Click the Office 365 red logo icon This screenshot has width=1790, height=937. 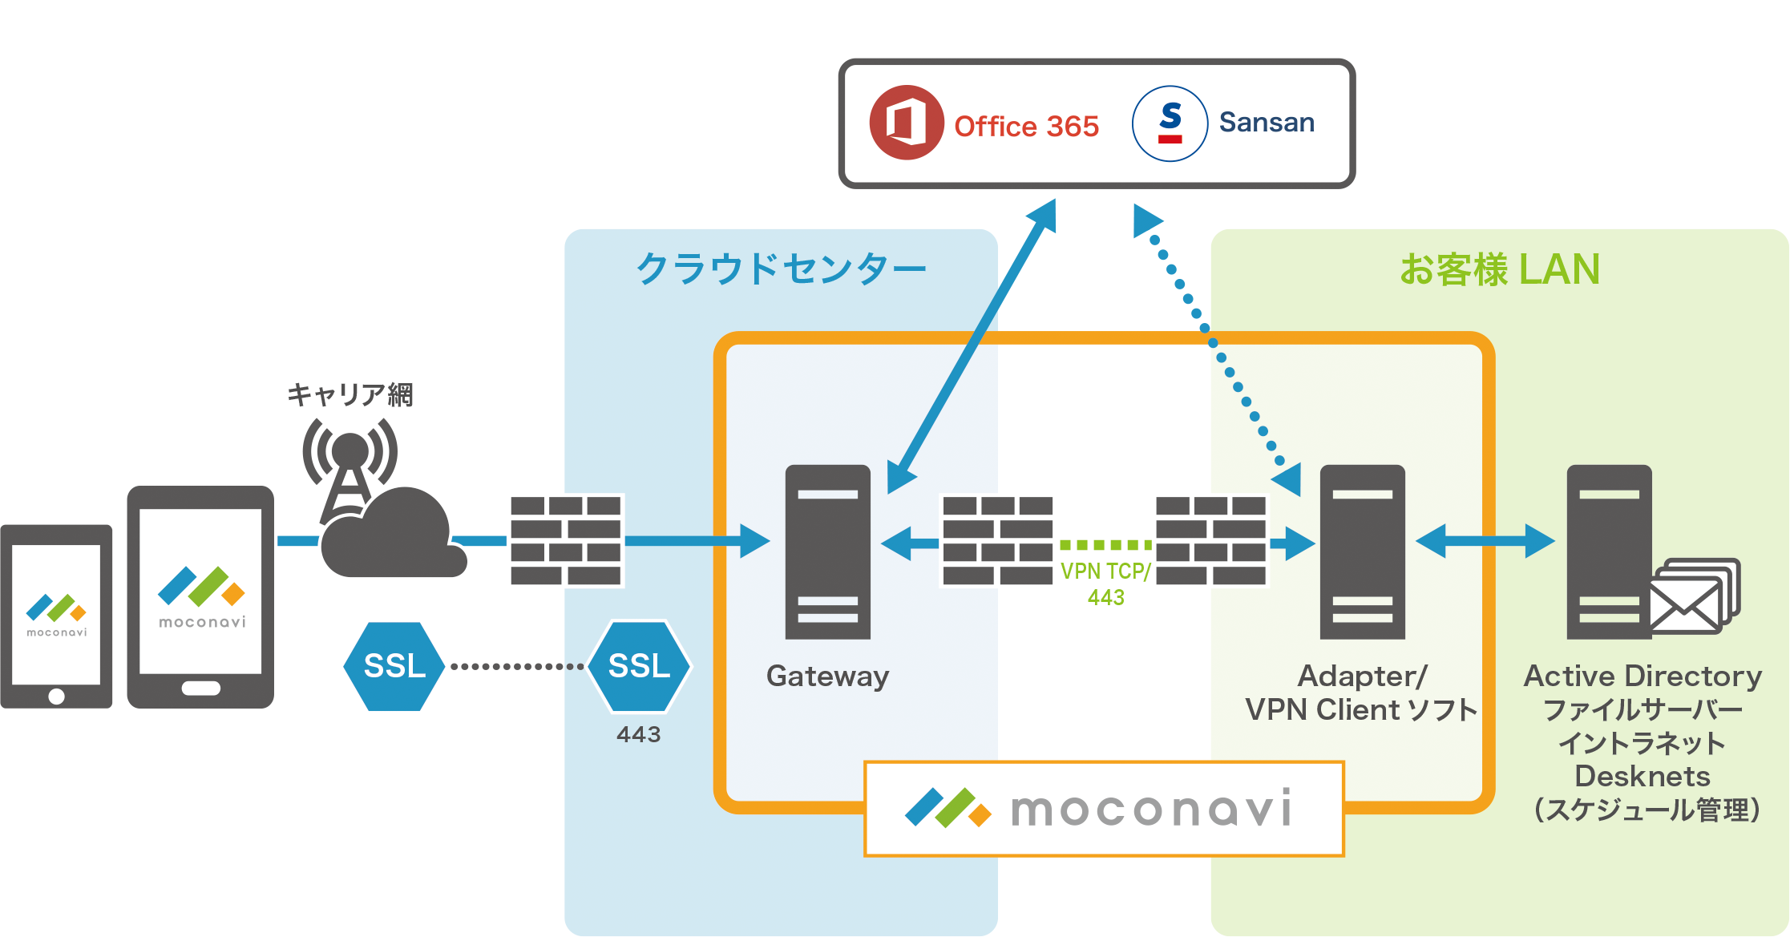pos(906,123)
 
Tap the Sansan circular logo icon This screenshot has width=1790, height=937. pos(1170,123)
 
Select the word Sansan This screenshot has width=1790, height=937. pos(1267,122)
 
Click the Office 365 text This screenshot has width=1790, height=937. pos(1026,126)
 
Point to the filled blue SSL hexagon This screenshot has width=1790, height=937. pos(394,666)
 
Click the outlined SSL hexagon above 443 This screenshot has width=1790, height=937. pos(639,666)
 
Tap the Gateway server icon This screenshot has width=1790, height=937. pos(827,551)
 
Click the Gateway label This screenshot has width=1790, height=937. pos(827,676)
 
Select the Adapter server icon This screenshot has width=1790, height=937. pos(1362,551)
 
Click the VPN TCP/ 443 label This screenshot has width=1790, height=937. pos(1105,584)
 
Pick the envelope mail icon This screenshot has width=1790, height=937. pos(1693,596)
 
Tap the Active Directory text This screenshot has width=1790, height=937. pos(1643,676)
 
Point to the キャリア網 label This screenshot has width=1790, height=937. pos(350,394)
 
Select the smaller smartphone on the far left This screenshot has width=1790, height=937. pos(56,616)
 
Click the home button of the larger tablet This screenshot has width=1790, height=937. pos(200,689)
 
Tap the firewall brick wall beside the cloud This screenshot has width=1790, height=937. pos(567,541)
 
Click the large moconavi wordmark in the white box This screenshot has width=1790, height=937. pos(1151,808)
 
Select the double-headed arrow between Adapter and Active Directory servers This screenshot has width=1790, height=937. pos(1485,541)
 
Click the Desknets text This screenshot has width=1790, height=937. pos(1643,776)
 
